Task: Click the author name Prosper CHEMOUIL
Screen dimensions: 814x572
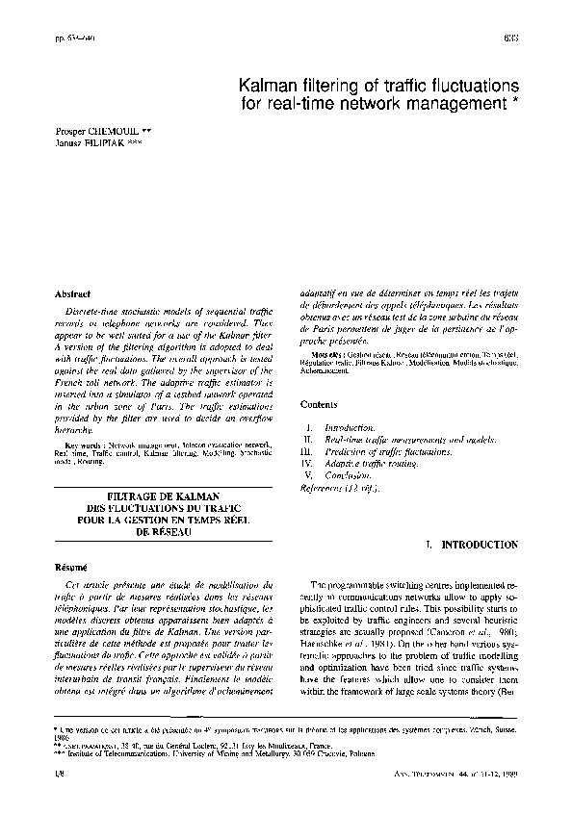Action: tap(91, 127)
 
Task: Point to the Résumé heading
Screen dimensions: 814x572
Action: tap(72, 567)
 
